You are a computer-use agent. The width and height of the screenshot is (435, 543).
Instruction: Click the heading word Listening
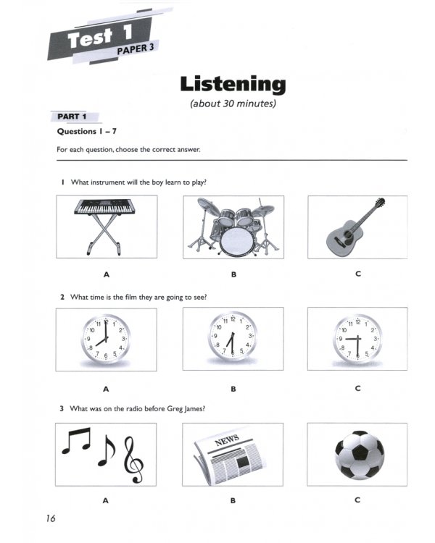233,84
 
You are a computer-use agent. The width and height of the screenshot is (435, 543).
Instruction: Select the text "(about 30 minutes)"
233,103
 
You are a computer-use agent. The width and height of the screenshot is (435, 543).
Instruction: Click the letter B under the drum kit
233,274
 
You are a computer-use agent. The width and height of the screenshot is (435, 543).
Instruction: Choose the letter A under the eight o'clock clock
107,389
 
